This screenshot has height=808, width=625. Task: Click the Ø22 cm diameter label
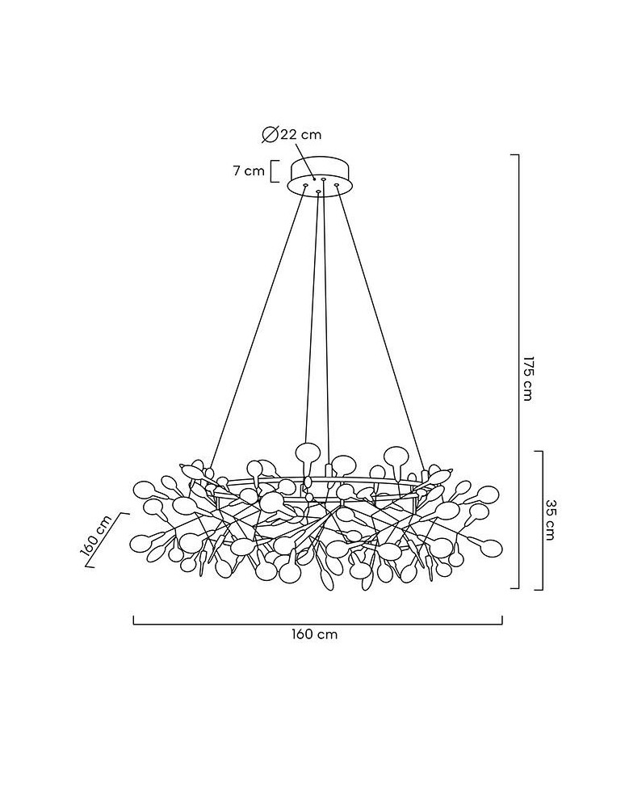(292, 134)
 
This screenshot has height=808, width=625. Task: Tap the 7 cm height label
(248, 171)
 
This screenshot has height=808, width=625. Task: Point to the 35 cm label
(550, 520)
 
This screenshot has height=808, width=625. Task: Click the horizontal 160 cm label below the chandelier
(313, 634)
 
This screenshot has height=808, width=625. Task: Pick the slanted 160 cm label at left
(96, 536)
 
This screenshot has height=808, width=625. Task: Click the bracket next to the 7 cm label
(275, 171)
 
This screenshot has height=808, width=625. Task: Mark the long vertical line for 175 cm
(518, 371)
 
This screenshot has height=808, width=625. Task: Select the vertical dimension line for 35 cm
(542, 520)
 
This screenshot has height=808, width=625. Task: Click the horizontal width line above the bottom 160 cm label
(317, 624)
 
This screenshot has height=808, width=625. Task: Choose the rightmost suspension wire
(381, 328)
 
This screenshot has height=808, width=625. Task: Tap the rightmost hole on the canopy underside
(337, 184)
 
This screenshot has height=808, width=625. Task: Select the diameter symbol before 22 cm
(270, 134)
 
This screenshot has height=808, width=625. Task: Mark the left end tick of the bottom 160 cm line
(134, 620)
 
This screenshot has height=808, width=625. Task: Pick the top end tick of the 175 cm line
(514, 154)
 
